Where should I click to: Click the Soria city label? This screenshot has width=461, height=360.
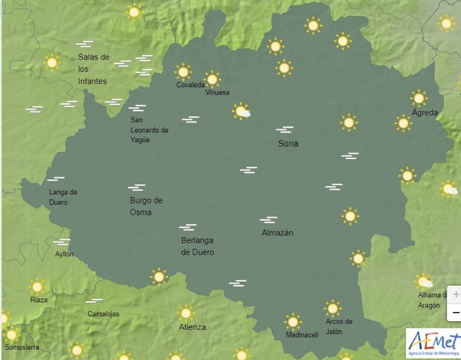(x=288, y=143)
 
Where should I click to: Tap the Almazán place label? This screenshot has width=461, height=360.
(x=278, y=233)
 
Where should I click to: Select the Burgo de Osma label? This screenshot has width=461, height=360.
(x=146, y=206)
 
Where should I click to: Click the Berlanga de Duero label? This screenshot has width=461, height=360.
(x=198, y=246)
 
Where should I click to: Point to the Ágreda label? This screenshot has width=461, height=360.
(x=425, y=112)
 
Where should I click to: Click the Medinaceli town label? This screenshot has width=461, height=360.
(x=302, y=335)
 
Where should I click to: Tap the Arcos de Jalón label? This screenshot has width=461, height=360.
(x=339, y=326)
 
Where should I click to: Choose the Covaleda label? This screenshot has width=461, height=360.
(x=190, y=85)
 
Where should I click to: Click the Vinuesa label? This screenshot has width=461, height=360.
(x=217, y=92)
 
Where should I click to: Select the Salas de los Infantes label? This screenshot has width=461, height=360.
(x=93, y=69)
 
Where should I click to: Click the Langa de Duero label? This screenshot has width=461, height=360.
(x=63, y=197)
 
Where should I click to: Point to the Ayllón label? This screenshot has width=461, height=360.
(x=64, y=254)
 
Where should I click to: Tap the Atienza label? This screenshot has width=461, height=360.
(x=192, y=327)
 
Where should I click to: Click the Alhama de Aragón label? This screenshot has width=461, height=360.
(x=429, y=301)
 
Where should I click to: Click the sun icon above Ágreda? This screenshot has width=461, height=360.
(x=419, y=98)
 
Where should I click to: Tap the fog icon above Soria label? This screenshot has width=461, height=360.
(x=284, y=130)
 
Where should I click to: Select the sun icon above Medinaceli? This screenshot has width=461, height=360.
(x=293, y=321)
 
